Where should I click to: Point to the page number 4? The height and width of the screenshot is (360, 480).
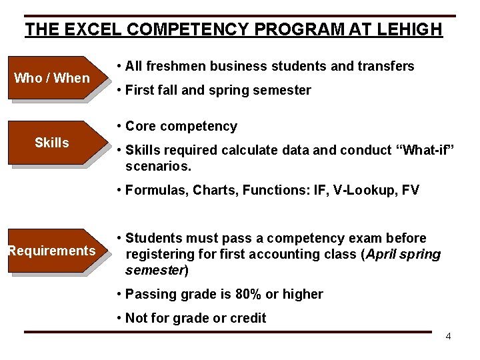pyautogui.click(x=448, y=336)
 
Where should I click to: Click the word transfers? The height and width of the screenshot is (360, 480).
pyautogui.click(x=385, y=66)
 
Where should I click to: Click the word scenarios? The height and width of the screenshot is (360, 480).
pyautogui.click(x=155, y=167)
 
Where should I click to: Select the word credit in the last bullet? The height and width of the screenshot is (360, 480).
pyautogui.click(x=248, y=318)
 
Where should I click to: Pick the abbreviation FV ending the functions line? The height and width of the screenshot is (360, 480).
pyautogui.click(x=411, y=190)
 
